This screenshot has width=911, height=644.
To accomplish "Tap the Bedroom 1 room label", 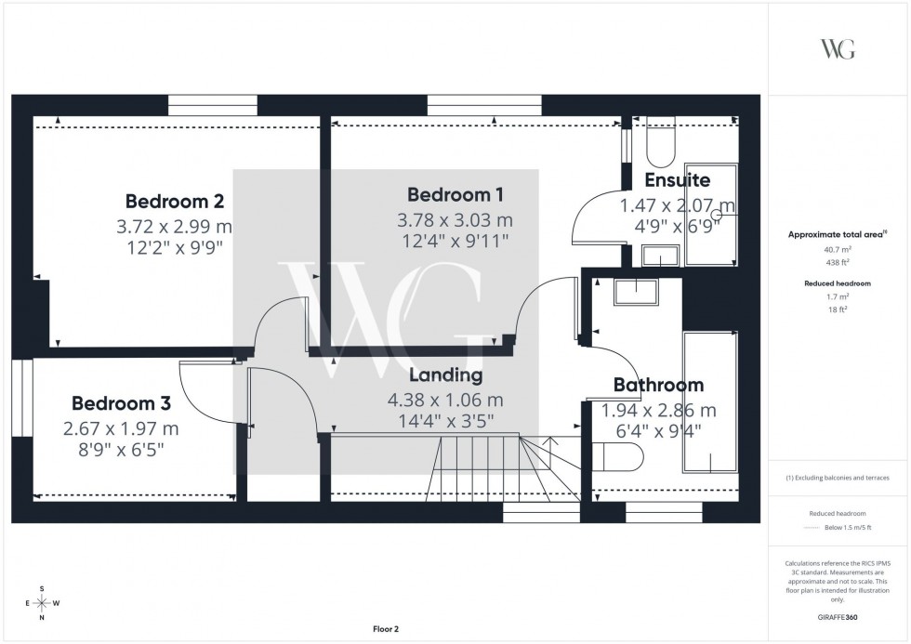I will tap(455, 195).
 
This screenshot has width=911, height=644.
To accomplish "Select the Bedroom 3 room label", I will tap(121, 404).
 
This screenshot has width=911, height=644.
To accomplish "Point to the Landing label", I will tap(446, 375).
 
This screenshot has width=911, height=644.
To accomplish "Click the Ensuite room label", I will tap(677, 180).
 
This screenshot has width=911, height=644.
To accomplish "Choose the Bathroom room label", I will tap(658, 385).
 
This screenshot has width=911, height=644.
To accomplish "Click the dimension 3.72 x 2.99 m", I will tap(175, 226).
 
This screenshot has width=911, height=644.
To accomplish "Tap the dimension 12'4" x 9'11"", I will tap(455, 242).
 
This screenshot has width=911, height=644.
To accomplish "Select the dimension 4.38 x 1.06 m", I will tap(446, 400).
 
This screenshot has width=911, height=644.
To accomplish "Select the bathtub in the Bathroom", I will tap(711, 404).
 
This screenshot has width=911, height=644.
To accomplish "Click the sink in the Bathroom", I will tap(636, 293).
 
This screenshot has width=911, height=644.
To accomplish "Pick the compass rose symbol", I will tap(42, 603).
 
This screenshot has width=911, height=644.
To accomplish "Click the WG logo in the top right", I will tap(838, 49).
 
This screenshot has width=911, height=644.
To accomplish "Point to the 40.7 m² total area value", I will tap(838, 250).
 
